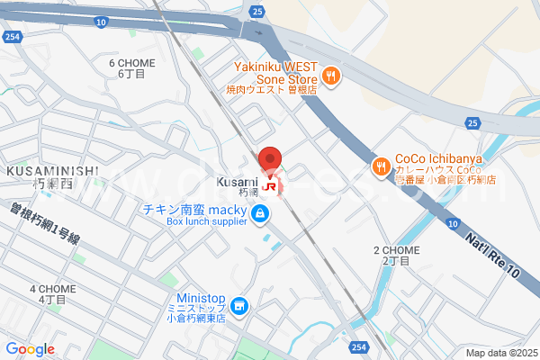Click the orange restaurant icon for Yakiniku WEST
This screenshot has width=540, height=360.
[x=331, y=76]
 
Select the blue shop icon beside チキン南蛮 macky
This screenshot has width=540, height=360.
[x=260, y=212]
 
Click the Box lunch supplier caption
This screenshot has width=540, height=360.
[x=193, y=221]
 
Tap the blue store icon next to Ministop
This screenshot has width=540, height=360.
[x=239, y=307]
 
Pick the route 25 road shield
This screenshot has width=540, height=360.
[x=257, y=12]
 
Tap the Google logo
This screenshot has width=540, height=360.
[x=30, y=349]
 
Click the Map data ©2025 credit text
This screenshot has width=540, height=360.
[x=500, y=354]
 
